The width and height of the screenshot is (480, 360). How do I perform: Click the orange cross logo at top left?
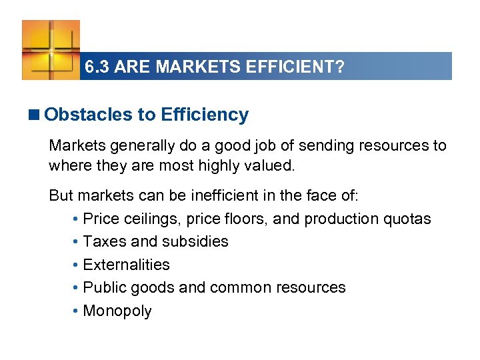[51, 49]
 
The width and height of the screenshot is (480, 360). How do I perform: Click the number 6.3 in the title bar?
[97, 67]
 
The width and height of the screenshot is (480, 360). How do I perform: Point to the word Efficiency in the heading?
[205, 115]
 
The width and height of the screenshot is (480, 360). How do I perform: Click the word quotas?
[409, 219]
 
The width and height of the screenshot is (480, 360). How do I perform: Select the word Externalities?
[127, 265]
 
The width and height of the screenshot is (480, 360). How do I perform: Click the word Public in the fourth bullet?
[101, 287]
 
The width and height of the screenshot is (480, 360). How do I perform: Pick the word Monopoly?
[117, 311]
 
